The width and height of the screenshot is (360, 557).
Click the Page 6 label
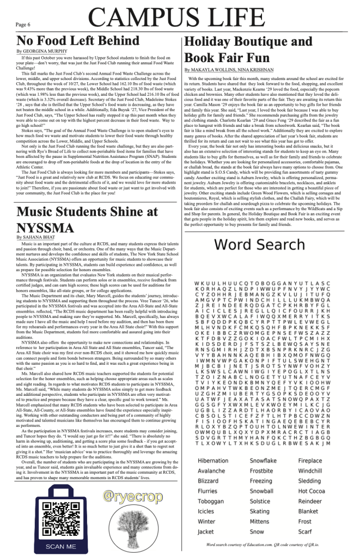click(22, 25)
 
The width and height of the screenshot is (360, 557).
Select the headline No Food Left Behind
click(77, 41)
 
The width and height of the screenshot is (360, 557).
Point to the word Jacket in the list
click(206, 531)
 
